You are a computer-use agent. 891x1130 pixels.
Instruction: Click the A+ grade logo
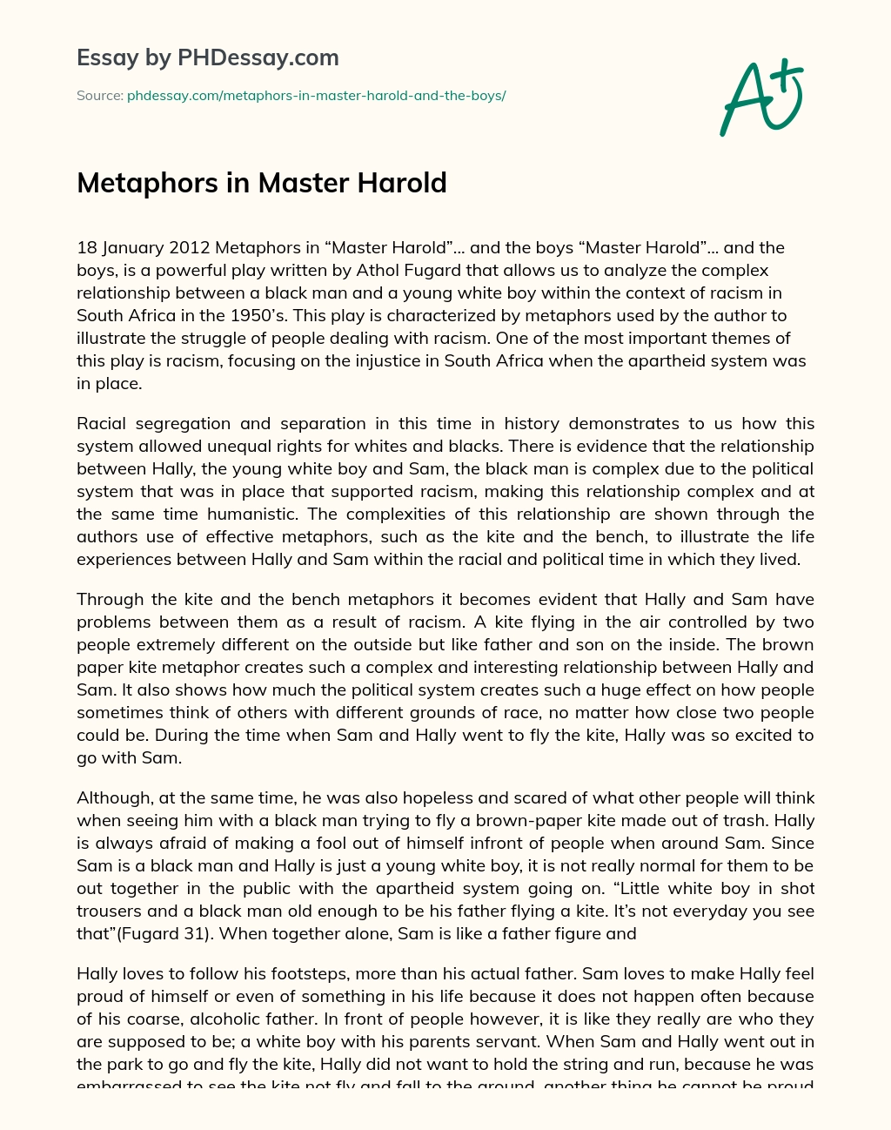pos(760,98)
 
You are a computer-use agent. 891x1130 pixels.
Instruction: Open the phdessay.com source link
pos(316,96)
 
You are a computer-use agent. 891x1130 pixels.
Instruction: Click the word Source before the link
pos(99,96)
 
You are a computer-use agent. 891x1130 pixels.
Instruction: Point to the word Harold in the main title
pos(405,183)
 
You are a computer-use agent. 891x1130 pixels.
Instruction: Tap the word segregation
pos(185,424)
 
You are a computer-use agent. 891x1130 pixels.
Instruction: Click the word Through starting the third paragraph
pos(110,600)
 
